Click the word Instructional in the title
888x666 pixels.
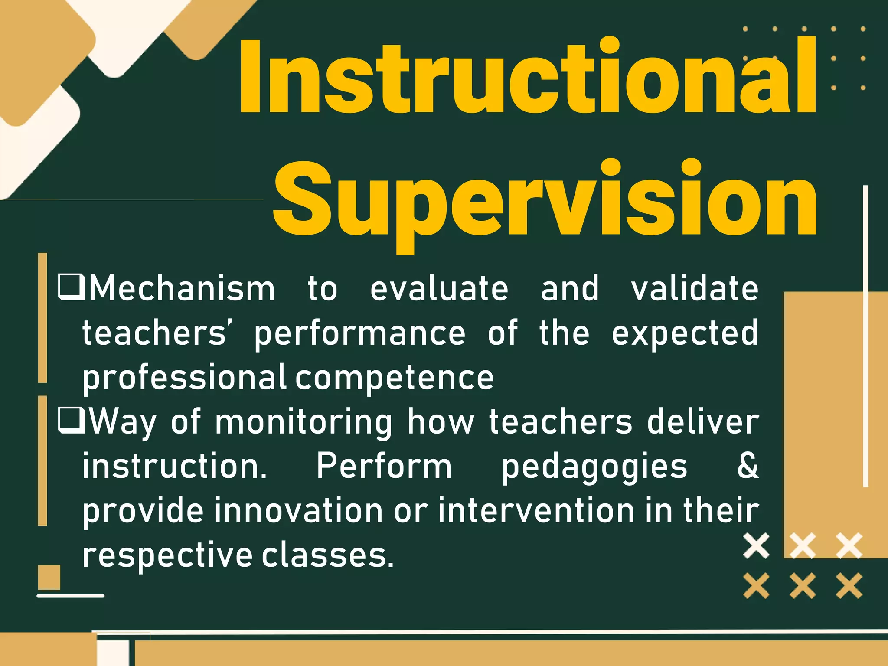[527, 76]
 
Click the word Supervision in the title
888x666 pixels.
[544, 199]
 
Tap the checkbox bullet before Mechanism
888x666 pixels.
[71, 287]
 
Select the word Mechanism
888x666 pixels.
[182, 288]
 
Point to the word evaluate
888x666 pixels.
[439, 288]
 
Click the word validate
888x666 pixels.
[695, 288]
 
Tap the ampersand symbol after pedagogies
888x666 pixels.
[748, 466]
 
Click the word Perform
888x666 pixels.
[384, 467]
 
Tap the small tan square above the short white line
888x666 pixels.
[49, 577]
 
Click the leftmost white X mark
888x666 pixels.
[756, 545]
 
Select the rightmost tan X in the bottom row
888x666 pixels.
[849, 586]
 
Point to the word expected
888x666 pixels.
[685, 333]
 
